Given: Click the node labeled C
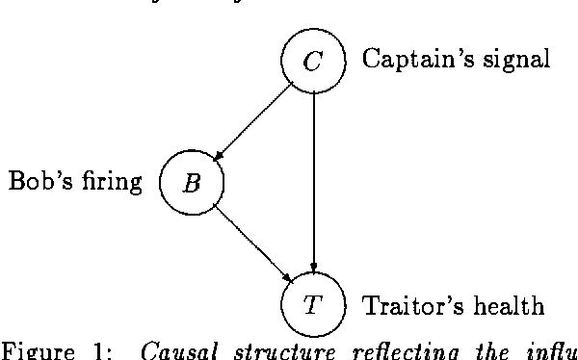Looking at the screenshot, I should tap(312, 62).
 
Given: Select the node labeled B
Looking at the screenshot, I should tap(192, 182).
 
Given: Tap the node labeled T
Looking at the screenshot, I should tap(312, 305).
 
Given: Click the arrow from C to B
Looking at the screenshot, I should tap(252, 121).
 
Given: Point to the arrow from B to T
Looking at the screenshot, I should tap(252, 244).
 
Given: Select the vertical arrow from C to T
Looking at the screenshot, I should tap(313, 183).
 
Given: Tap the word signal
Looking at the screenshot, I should tap(515, 60).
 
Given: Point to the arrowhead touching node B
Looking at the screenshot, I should tap(218, 156).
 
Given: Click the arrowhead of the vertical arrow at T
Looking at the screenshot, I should tap(313, 269).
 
